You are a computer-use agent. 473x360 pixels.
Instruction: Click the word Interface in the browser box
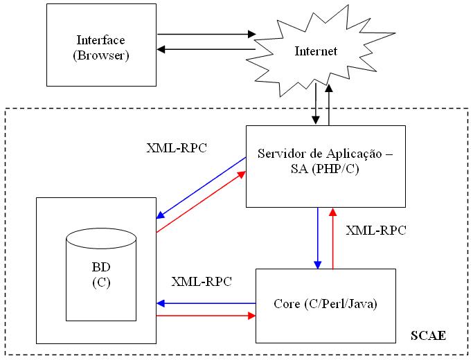tap(100, 39)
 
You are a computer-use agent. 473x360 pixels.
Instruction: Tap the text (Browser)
tap(101, 55)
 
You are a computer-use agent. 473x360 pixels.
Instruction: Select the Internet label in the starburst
tap(316, 51)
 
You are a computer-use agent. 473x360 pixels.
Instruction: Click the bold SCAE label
tap(429, 336)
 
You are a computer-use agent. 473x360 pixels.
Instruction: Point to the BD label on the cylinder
tap(101, 267)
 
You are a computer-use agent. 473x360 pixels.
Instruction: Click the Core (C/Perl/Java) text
tap(325, 304)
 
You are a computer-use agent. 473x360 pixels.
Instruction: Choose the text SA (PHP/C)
tap(325, 169)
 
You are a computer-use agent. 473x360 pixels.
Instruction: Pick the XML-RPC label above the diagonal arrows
tap(177, 148)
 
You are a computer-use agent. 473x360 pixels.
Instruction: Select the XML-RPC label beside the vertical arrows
tap(376, 231)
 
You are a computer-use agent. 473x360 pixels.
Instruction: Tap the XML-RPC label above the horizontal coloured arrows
tap(202, 282)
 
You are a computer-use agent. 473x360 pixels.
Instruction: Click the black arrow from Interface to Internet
tap(206, 34)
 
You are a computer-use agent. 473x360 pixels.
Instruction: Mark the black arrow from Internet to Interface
tap(206, 49)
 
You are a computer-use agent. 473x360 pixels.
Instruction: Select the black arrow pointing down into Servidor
tap(316, 104)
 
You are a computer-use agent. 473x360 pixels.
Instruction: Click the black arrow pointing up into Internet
tap(329, 105)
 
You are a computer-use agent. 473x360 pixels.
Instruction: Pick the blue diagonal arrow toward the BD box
tap(202, 188)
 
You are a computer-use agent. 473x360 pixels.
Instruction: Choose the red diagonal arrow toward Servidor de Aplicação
tap(202, 201)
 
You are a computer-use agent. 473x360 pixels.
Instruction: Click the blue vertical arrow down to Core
tap(318, 238)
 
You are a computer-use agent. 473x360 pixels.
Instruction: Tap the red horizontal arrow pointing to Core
tap(206, 316)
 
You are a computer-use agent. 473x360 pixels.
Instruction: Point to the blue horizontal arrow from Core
tap(206, 303)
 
